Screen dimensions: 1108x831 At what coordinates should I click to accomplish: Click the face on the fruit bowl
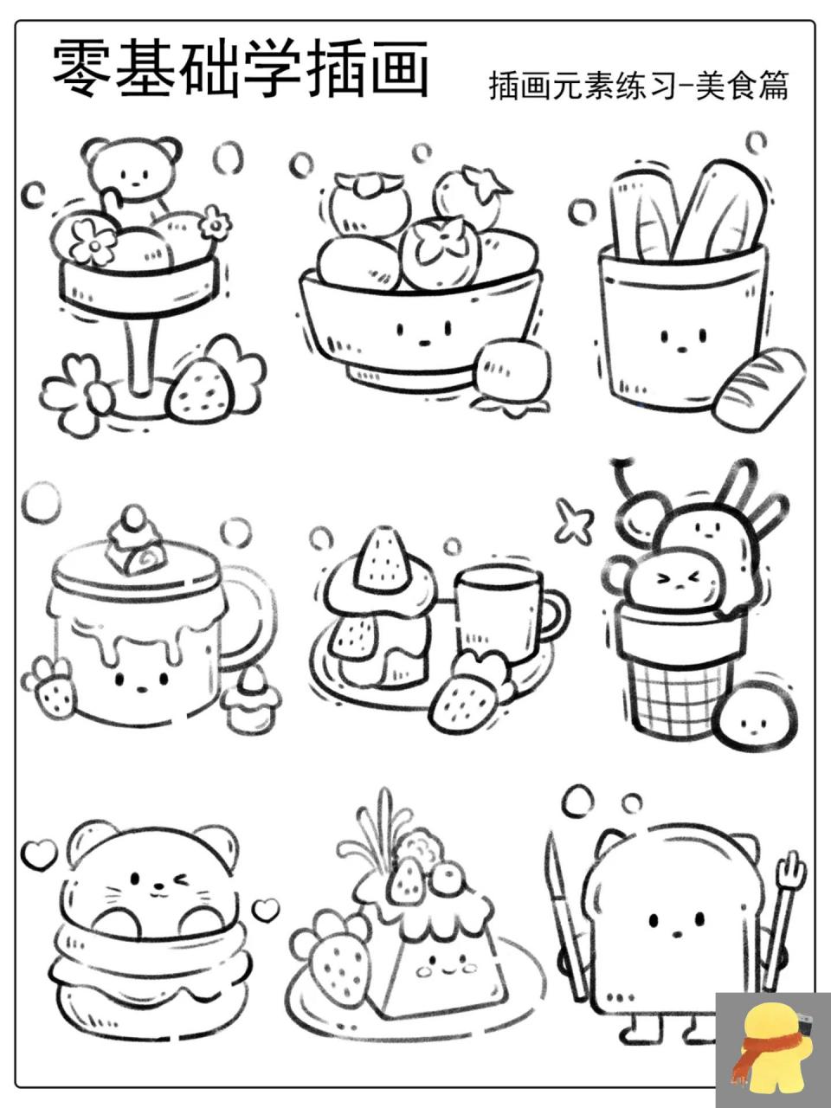pyautogui.click(x=423, y=332)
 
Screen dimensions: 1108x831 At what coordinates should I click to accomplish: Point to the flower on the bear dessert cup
pyautogui.click(x=91, y=241)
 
